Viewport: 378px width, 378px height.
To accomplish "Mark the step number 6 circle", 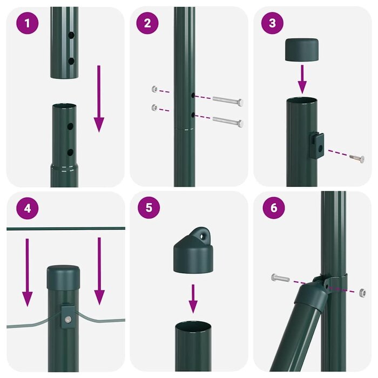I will (273, 209).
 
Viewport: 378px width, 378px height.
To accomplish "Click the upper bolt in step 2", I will (227, 100).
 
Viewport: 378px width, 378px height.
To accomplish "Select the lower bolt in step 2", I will (227, 121).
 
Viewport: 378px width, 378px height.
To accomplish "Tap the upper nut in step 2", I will (156, 89).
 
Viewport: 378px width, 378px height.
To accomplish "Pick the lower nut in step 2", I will (156, 107).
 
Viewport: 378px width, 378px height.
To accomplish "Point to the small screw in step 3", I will (357, 158).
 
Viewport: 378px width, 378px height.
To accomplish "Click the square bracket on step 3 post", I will (319, 144).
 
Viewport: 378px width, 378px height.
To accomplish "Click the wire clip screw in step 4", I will (67, 319).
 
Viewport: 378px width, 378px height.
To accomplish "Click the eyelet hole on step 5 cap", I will (204, 235).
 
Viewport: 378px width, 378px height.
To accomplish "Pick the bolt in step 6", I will (281, 278).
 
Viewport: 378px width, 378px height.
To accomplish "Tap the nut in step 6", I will (360, 292).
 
